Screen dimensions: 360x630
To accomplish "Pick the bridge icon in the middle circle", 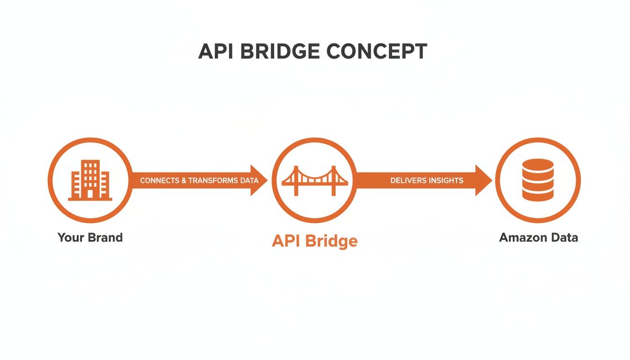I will pos(315,180).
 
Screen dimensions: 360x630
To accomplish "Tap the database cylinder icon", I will pos(538,180).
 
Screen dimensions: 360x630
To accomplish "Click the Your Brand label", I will pos(90,237).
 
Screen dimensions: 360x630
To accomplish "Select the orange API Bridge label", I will pos(315,241).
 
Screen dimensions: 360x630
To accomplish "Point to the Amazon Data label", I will pos(538,237).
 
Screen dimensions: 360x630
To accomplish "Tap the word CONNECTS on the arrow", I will pos(159,180).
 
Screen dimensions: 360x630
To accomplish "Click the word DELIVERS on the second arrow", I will pos(408,180).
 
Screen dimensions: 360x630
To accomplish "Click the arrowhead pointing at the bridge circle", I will pos(259,180).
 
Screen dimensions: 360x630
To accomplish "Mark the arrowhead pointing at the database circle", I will pos(483,180).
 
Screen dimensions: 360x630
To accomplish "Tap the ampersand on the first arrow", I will pos(183,180).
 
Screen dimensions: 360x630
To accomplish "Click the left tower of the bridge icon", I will pos(296,180).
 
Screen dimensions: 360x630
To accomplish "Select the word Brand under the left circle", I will pos(106,237).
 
